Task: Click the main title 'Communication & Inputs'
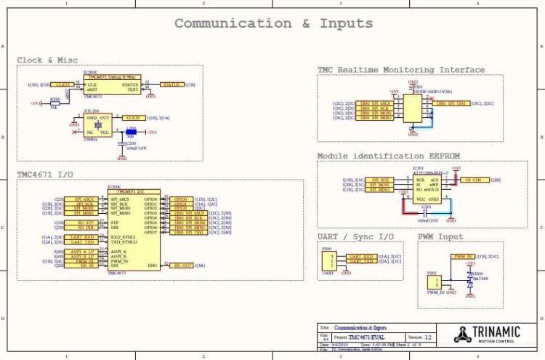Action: pos(273,23)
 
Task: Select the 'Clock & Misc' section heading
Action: pos(47,60)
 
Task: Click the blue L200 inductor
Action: pos(131,132)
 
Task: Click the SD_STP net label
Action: pos(86,222)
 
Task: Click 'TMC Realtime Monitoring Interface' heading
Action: pos(400,70)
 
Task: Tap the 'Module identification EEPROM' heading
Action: pos(391,156)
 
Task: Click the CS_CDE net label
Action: pos(472,179)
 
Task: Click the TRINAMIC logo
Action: pos(485,333)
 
